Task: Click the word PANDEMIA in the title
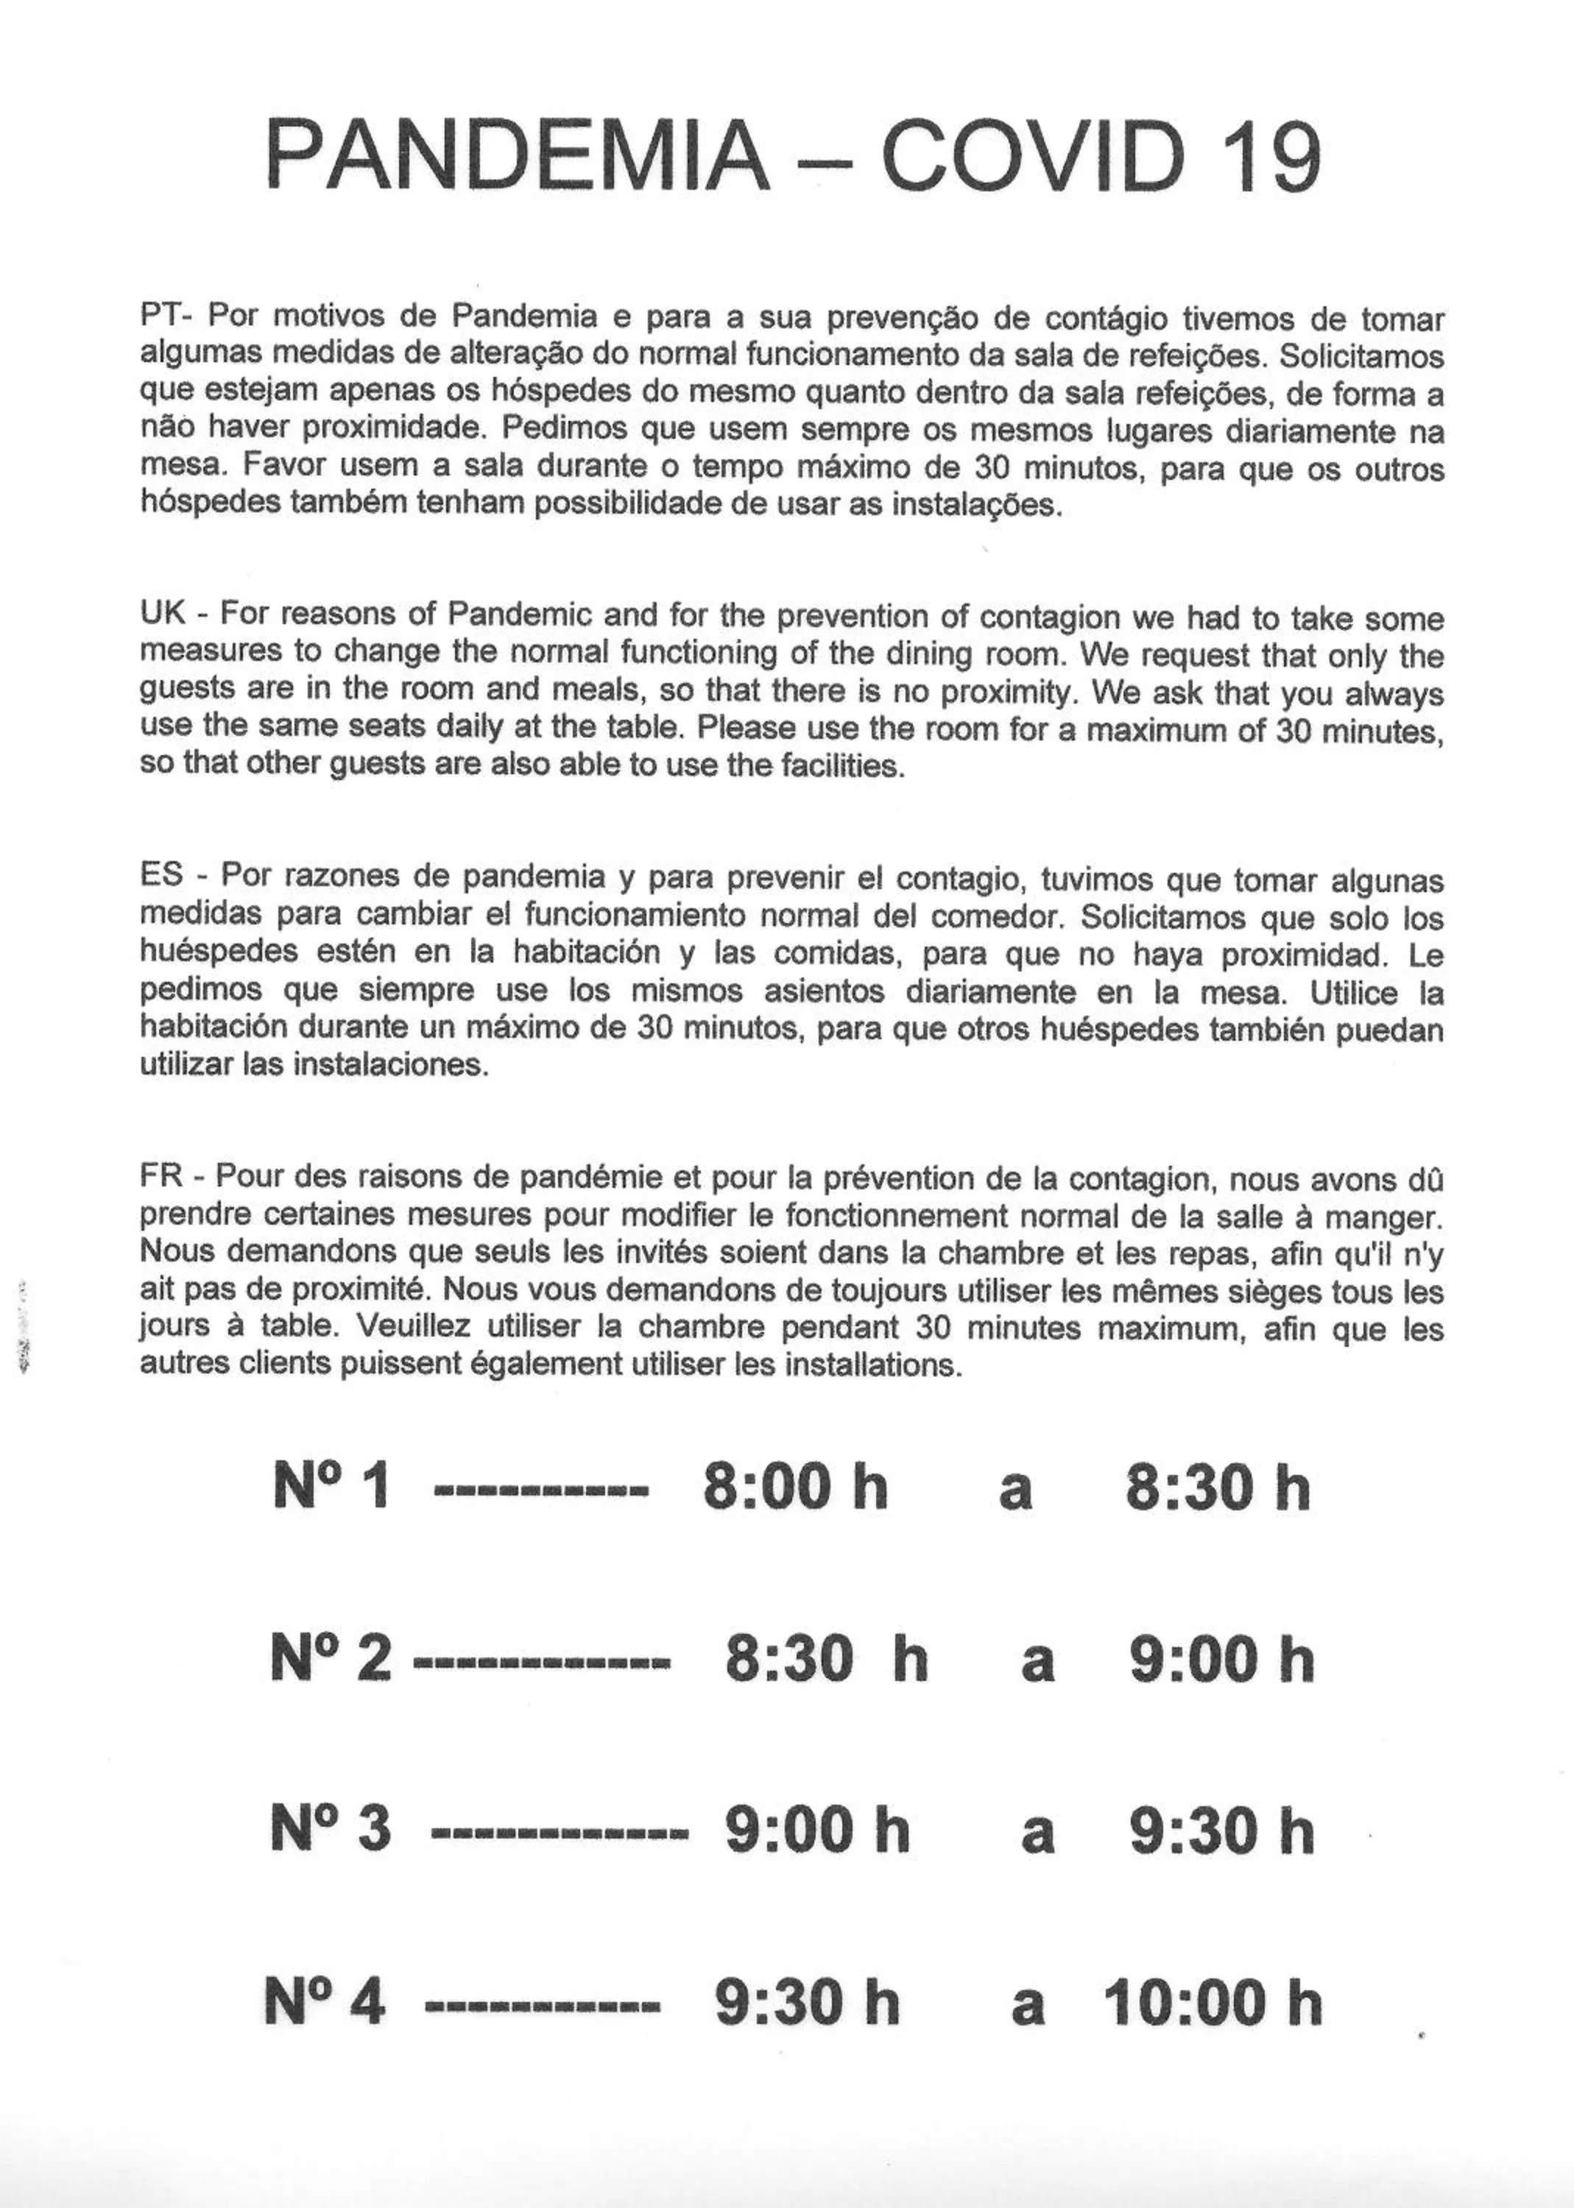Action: coord(518,157)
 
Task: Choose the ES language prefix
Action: coord(163,876)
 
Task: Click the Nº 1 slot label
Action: coord(331,1487)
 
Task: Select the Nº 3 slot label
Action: coord(331,1830)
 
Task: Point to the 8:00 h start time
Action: coord(796,1487)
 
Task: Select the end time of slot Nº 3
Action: coord(1221,1830)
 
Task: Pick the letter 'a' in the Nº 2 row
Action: coord(1037,1663)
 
